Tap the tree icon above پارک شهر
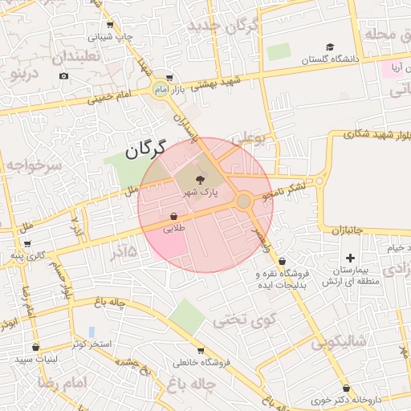pyautogui.click(x=200, y=181)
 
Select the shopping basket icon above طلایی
pyautogui.click(x=173, y=217)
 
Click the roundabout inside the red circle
pyautogui.click(x=243, y=201)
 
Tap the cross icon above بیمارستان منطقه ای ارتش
pyautogui.click(x=349, y=258)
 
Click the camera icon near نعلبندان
pyautogui.click(x=64, y=76)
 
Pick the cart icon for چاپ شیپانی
pyautogui.click(x=110, y=25)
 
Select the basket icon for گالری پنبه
pyautogui.click(x=28, y=243)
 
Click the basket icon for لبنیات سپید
pyautogui.click(x=35, y=348)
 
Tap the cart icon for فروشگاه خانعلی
pyautogui.click(x=200, y=351)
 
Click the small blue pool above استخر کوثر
pyautogui.click(x=92, y=332)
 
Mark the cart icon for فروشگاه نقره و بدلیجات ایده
pyautogui.click(x=283, y=262)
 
